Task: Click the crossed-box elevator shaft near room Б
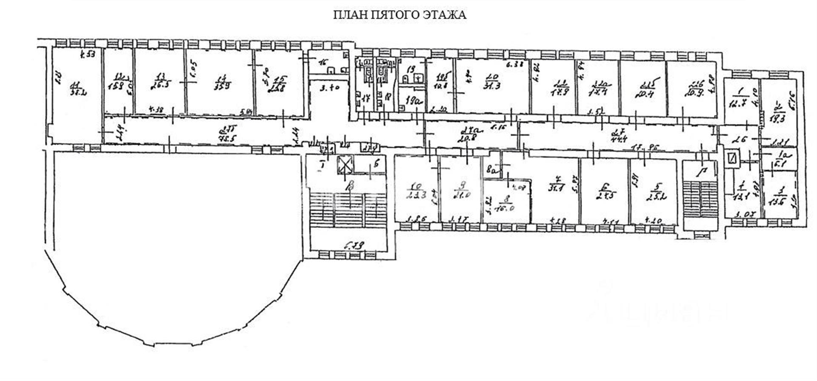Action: click(345, 164)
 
